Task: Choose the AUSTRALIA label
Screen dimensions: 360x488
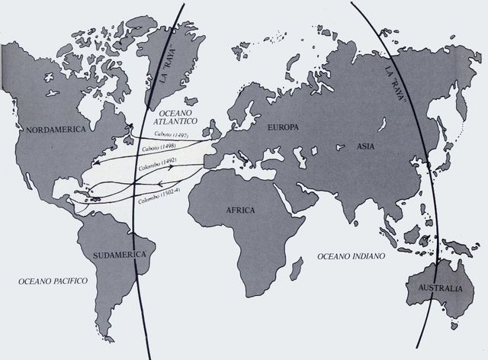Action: tap(435, 289)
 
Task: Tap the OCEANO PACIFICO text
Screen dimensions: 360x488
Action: tap(53, 281)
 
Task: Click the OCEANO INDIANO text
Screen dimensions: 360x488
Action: tap(351, 256)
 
